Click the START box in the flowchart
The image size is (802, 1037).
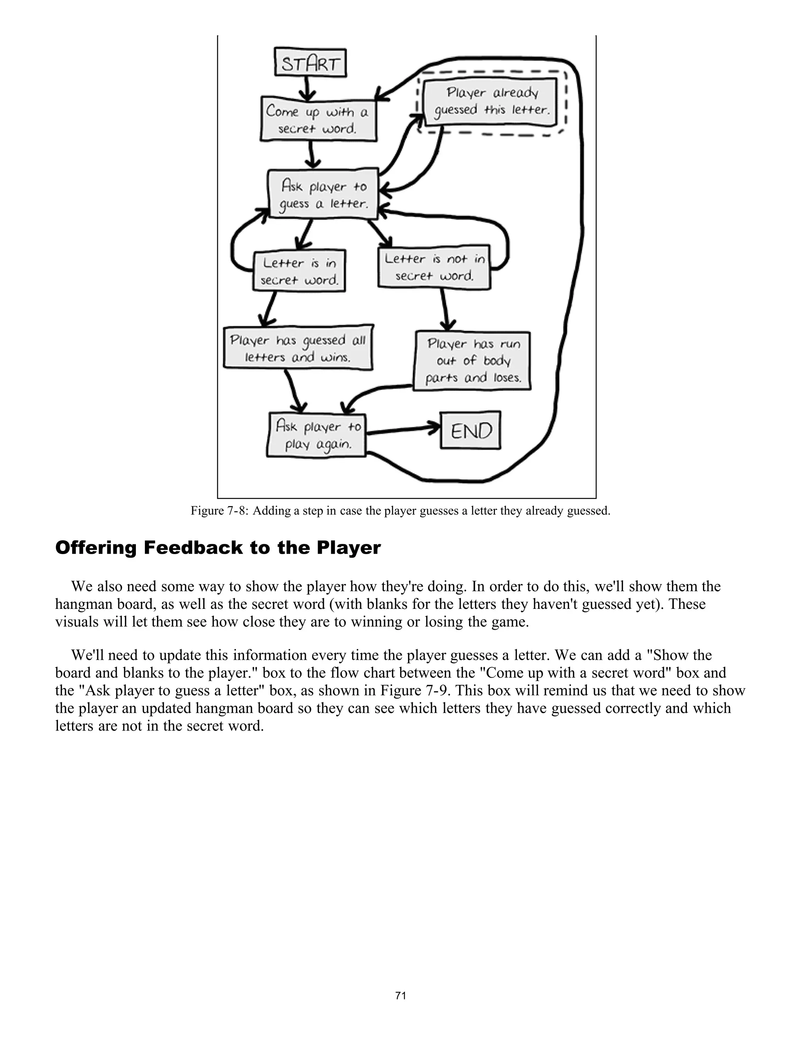[311, 63]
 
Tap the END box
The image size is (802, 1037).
[470, 430]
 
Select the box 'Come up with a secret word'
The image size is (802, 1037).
[318, 119]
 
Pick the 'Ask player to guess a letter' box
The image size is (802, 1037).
[323, 194]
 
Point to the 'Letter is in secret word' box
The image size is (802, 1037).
[299, 271]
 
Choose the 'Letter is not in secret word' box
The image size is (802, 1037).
[434, 267]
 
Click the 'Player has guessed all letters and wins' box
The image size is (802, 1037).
[298, 348]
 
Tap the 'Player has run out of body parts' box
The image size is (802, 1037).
[472, 361]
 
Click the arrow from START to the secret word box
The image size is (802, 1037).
[307, 87]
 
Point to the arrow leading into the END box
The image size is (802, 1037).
[404, 429]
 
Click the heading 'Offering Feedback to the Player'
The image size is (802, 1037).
[218, 547]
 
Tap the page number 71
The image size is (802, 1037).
[401, 995]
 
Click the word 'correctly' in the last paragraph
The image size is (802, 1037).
[613, 708]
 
